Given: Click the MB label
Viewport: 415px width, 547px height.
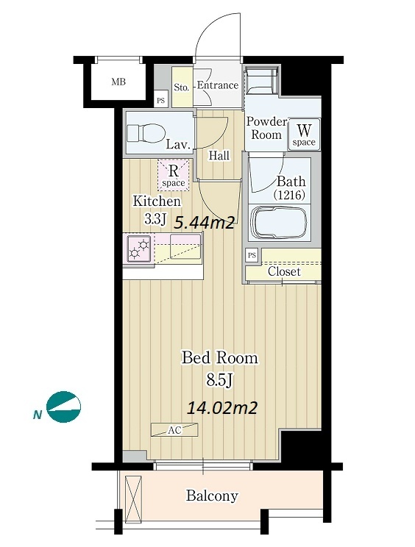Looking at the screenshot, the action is coord(118,82).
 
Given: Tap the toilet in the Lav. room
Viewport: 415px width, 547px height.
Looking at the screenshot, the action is coord(146,133).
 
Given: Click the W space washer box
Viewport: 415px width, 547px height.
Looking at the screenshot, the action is coord(304,135).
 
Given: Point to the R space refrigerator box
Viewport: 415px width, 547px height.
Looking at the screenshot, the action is coord(174,175).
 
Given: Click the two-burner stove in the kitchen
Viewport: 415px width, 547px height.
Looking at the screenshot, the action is coord(139,249).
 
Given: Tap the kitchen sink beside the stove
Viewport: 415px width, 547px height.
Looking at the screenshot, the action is coord(185,246).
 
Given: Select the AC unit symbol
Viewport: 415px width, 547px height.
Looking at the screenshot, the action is coord(174,430).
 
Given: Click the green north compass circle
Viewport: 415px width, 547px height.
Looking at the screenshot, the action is coord(64,407).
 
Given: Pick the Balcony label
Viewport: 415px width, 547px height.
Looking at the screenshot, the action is coord(212,496).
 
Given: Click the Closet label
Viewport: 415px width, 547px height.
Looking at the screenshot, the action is coord(284,271).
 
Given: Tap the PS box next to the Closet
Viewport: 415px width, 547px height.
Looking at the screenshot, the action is coord(252,255).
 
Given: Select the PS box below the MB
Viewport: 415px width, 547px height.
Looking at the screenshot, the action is coord(160,101).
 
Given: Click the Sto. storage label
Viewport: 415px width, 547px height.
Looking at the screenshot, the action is coord(182,87).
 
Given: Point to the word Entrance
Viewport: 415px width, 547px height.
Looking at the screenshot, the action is coord(218,85).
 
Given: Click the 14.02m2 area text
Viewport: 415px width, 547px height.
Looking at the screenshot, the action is coord(222,407).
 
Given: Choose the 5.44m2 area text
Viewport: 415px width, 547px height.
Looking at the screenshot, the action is coord(204,222).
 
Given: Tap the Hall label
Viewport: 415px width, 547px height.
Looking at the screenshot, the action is coord(219,156).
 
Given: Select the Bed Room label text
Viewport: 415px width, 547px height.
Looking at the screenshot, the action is coord(220,358).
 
